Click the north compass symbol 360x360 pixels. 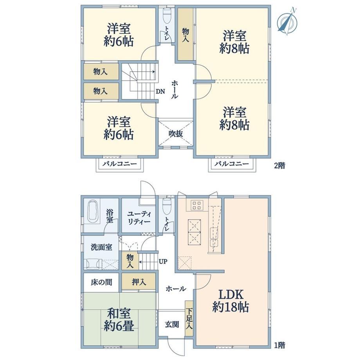[x=287, y=22]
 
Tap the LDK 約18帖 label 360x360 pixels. [x=230, y=301]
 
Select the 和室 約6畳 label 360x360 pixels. [x=119, y=319]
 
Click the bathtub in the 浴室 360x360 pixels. [x=94, y=211]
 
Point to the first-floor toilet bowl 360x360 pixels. [x=166, y=206]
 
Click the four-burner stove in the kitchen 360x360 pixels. [x=197, y=205]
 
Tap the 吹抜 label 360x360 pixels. [x=176, y=133]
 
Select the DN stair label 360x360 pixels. [x=160, y=92]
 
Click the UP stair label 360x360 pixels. [x=163, y=261]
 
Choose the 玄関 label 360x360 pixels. [x=172, y=325]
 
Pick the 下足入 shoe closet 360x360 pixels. [x=189, y=319]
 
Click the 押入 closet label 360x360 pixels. [x=139, y=282]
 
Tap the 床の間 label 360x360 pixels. [x=101, y=282]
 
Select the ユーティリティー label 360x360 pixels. [x=139, y=218]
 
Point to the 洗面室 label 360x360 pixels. [x=101, y=247]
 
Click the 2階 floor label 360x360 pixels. [x=279, y=165]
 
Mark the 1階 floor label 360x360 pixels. [x=279, y=345]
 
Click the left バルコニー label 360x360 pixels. [x=119, y=164]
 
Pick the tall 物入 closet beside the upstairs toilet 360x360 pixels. [x=185, y=34]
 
